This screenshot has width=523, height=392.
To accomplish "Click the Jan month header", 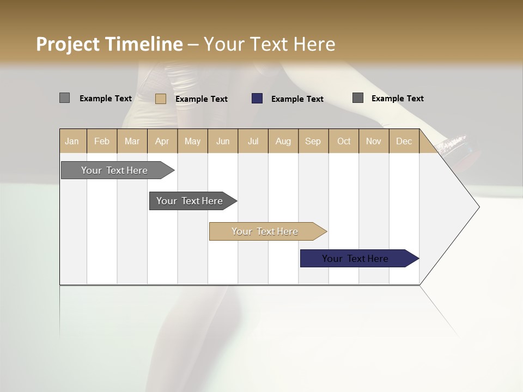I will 72,141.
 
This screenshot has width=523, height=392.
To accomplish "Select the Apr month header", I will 162,141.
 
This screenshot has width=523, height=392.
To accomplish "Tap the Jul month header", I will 253,141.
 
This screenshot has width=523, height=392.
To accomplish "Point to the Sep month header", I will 313,141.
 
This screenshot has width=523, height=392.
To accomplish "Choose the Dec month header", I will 404,141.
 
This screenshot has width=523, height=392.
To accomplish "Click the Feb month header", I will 102,141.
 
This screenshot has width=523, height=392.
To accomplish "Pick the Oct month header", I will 344,141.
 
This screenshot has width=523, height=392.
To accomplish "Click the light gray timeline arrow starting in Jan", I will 115,170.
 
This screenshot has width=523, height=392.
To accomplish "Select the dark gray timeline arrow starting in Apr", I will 190,201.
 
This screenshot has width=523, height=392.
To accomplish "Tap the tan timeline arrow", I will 265,231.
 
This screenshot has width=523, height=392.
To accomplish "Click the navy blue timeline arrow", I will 355,259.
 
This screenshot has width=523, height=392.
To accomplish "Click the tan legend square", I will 161,99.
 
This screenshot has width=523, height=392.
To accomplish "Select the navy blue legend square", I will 257,99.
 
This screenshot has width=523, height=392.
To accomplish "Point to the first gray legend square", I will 64,98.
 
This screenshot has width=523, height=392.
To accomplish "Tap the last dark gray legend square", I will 358,98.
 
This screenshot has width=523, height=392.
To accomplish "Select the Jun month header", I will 223,141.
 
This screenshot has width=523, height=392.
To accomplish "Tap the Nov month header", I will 374,141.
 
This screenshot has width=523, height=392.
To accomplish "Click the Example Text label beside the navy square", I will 297,99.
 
